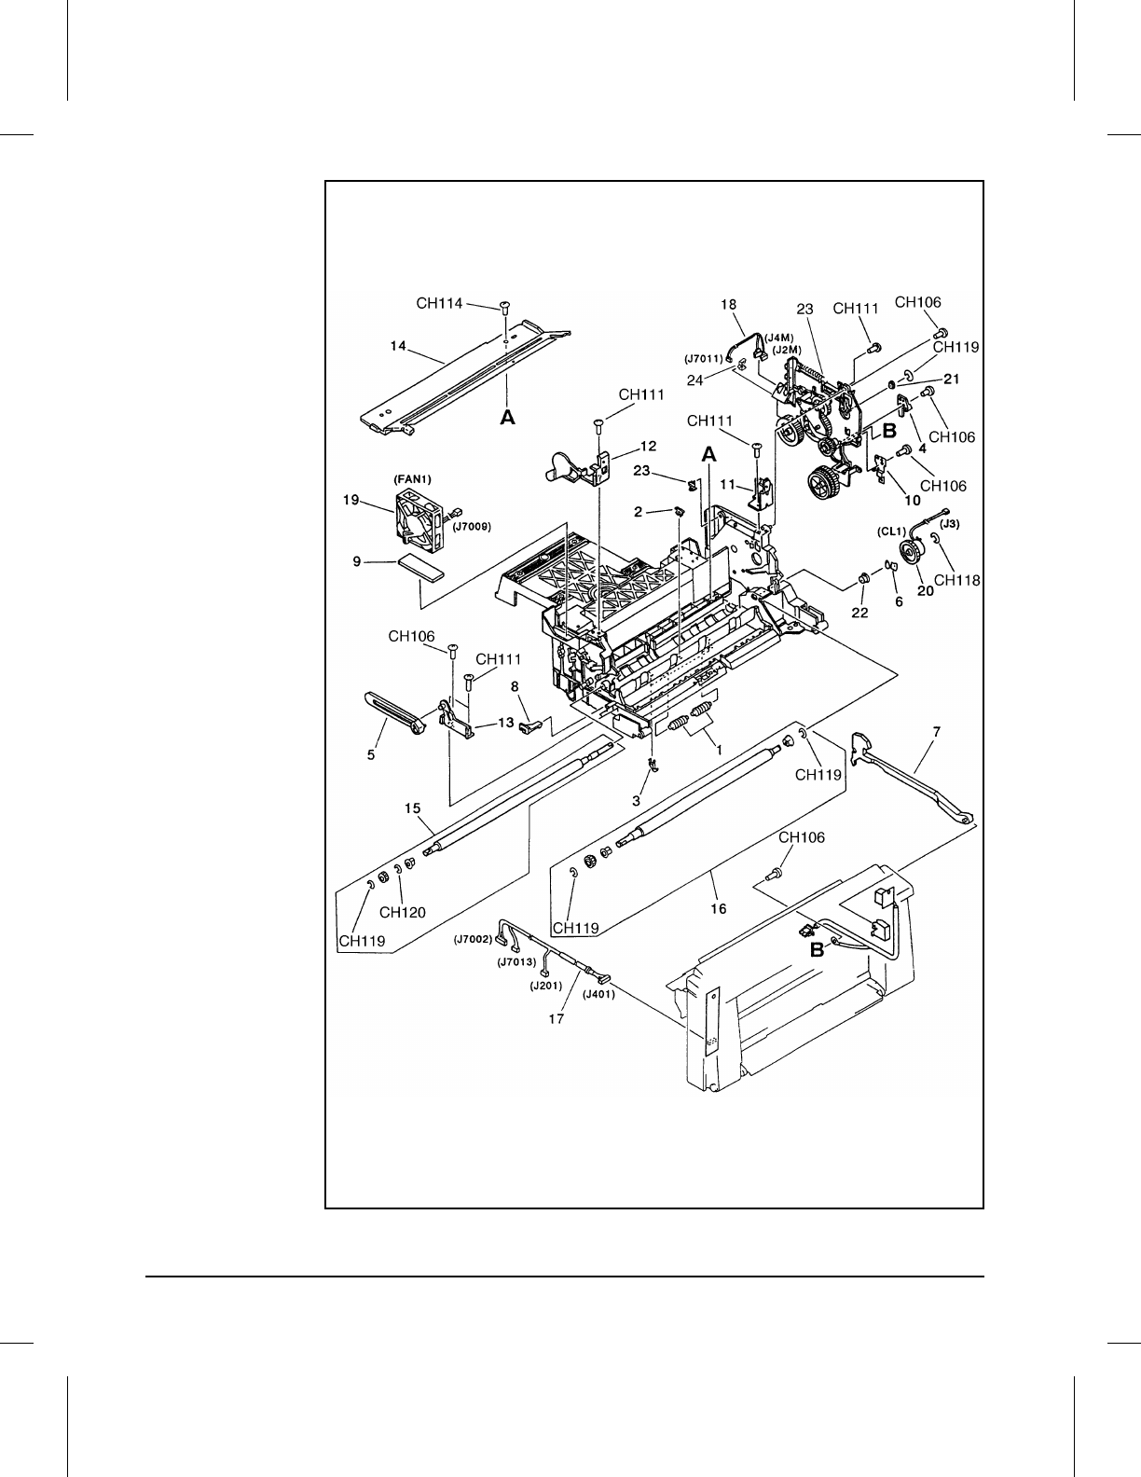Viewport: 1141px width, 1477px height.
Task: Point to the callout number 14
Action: pyautogui.click(x=398, y=346)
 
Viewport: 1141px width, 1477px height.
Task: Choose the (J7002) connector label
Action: pyautogui.click(x=474, y=940)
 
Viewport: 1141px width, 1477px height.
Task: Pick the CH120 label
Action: pyautogui.click(x=409, y=912)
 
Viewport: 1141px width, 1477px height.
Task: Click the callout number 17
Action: pyautogui.click(x=557, y=1019)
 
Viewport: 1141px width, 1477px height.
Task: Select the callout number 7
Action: pyautogui.click(x=936, y=733)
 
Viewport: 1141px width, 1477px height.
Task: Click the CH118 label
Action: pyautogui.click(x=956, y=580)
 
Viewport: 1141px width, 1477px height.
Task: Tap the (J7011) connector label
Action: pyautogui.click(x=703, y=358)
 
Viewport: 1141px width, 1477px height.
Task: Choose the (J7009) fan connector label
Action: pyautogui.click(x=473, y=527)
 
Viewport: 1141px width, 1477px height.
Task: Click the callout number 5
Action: pyautogui.click(x=370, y=755)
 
